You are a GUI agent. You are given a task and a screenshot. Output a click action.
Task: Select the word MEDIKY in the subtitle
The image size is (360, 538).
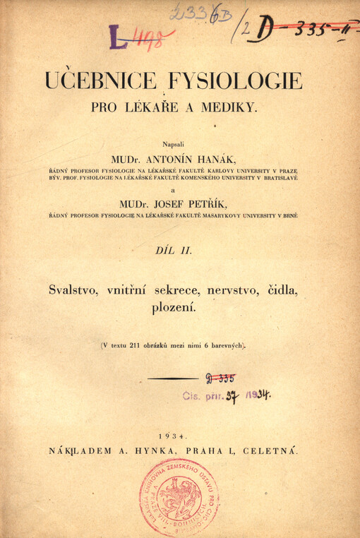click(236, 108)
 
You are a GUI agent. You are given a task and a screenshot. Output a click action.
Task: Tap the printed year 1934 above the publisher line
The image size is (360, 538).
click(175, 436)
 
